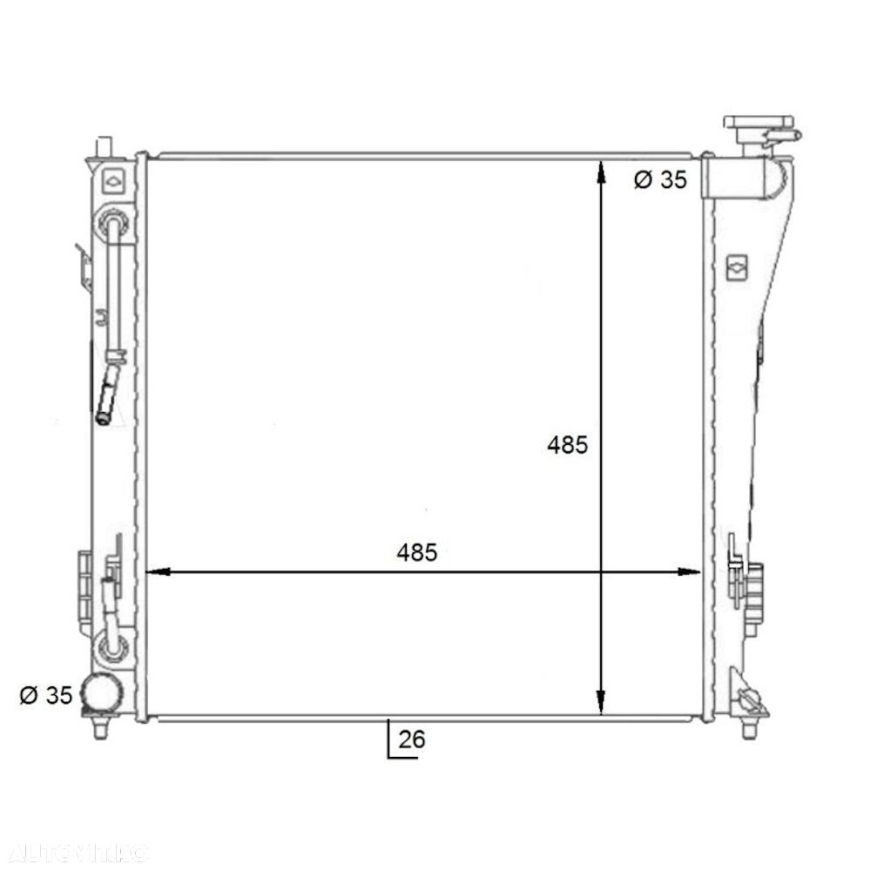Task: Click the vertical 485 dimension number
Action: tap(567, 445)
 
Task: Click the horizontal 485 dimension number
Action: tap(415, 551)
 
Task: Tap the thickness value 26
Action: tap(412, 739)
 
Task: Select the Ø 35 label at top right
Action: tap(659, 180)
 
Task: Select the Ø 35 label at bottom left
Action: tap(44, 695)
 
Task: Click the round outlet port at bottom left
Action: tap(102, 694)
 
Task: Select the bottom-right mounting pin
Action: tap(747, 727)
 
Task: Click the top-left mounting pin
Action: tap(105, 145)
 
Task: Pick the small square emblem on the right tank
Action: tap(737, 266)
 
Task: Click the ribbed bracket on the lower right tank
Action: tap(753, 584)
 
